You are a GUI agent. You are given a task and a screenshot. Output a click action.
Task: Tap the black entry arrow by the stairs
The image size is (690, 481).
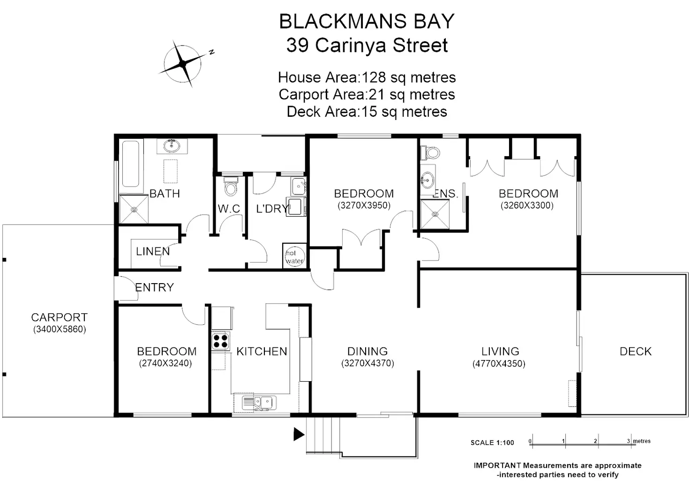(x=299, y=434)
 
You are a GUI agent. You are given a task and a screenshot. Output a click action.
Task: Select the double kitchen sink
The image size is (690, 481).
(x=259, y=402)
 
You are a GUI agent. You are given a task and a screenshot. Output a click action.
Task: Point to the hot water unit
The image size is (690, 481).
(x=294, y=256)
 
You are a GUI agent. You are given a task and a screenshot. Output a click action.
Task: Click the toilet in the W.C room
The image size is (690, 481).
(x=230, y=187)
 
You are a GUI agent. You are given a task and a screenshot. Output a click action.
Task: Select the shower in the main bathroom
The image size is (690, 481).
(x=134, y=209)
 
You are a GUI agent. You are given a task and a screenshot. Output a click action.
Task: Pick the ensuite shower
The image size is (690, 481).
(x=435, y=214)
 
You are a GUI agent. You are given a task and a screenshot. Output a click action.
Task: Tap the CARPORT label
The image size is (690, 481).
(x=59, y=317)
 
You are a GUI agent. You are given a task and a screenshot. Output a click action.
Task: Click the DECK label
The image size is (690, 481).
(x=635, y=352)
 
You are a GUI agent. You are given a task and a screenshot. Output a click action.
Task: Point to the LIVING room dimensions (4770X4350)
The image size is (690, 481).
(x=499, y=364)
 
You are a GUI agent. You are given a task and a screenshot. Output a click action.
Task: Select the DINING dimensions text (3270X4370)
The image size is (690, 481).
(x=367, y=363)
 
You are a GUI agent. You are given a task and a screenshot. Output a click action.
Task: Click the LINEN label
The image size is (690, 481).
(x=153, y=251)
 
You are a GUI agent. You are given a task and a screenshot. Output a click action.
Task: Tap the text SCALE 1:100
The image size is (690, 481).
(x=492, y=443)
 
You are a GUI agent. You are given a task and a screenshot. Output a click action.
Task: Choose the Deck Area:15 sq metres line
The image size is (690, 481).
(x=367, y=112)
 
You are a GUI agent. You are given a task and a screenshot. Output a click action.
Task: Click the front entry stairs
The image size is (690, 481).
(x=323, y=434)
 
